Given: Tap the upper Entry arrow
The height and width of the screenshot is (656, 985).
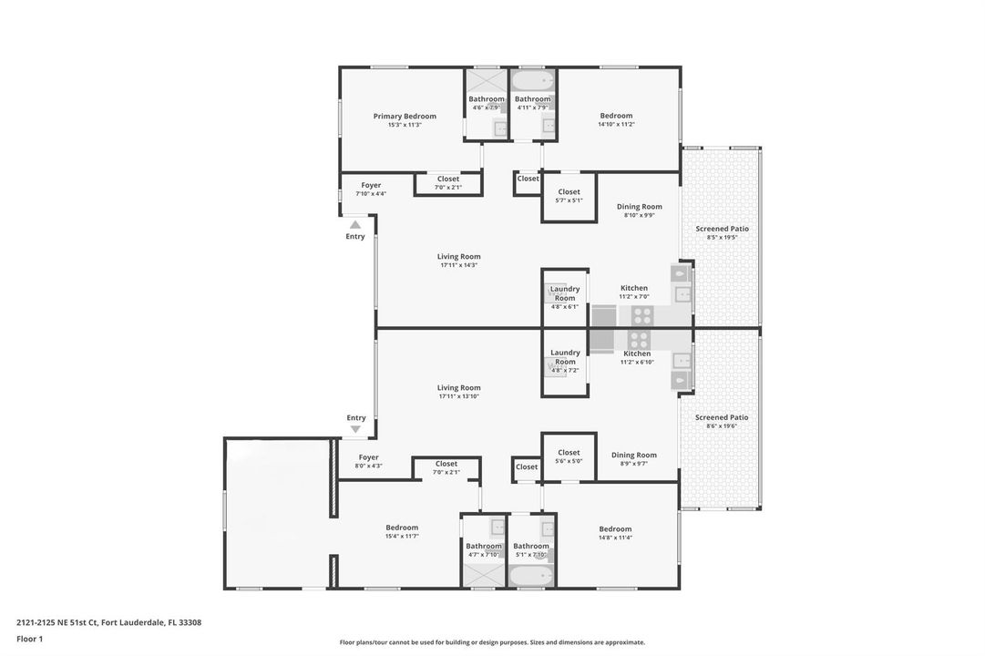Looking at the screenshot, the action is click(x=355, y=224).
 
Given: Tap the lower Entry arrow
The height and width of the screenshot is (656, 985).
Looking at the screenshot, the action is click(x=355, y=429).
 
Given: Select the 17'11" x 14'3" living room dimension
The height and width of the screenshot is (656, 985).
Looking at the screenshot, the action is click(x=458, y=265).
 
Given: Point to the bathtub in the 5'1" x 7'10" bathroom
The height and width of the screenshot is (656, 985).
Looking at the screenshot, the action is click(x=531, y=575).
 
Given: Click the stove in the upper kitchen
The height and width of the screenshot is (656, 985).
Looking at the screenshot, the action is click(x=641, y=315).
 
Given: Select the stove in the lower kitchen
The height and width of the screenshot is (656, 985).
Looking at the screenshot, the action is click(x=638, y=340).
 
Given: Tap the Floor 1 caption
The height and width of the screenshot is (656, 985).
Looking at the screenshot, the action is click(x=29, y=639).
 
